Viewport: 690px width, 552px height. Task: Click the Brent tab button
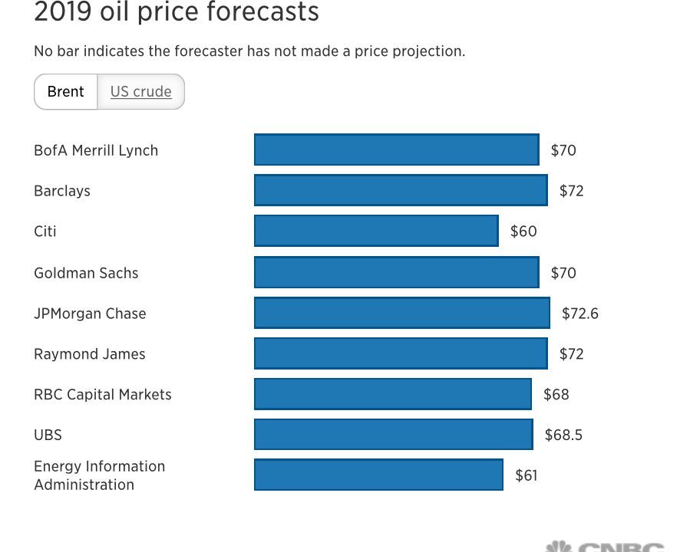pyautogui.click(x=66, y=92)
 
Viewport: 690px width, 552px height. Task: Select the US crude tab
pyautogui.click(x=141, y=92)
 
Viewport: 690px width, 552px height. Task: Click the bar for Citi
pyautogui.click(x=376, y=231)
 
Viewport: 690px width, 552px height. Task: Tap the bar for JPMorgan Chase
pyautogui.click(x=401, y=313)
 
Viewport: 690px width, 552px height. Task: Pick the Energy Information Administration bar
pyautogui.click(x=378, y=475)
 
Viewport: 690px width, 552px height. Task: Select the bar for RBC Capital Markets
pyautogui.click(x=392, y=394)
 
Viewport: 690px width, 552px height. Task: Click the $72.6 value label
pyautogui.click(x=580, y=314)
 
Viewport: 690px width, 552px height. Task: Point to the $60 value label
pyautogui.click(x=523, y=232)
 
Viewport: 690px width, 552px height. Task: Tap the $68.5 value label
pyautogui.click(x=563, y=435)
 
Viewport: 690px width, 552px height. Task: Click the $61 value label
pyautogui.click(x=526, y=476)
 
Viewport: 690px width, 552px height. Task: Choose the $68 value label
pyautogui.click(x=556, y=395)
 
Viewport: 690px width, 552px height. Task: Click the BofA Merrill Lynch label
pyautogui.click(x=96, y=150)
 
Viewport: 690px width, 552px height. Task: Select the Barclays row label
pyautogui.click(x=62, y=191)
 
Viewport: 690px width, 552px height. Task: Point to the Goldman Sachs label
pyautogui.click(x=86, y=273)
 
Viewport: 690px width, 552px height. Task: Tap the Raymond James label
pyautogui.click(x=90, y=354)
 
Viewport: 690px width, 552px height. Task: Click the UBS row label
pyautogui.click(x=48, y=435)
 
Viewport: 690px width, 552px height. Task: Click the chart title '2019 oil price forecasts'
pyautogui.click(x=177, y=12)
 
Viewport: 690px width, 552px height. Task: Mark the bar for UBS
pyautogui.click(x=393, y=435)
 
